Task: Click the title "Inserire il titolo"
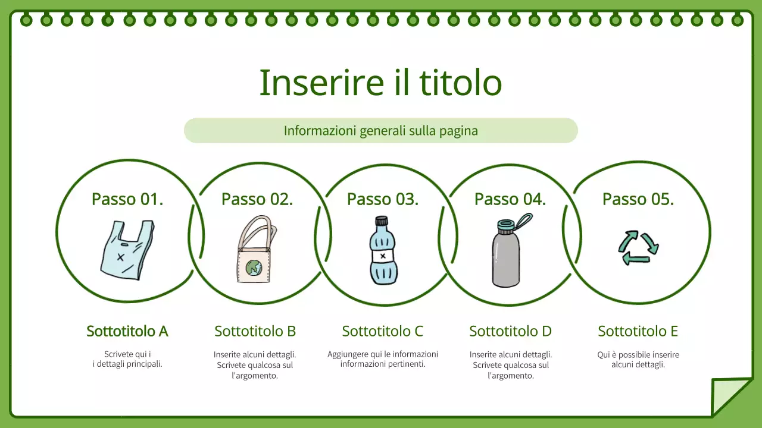380,83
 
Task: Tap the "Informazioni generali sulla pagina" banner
380,131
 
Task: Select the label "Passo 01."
127,199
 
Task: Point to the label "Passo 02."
257,199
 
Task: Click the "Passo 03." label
383,199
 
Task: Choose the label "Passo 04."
510,199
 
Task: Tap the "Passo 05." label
638,199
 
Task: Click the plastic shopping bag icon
126,250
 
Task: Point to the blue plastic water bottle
383,253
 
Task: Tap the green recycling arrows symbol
638,247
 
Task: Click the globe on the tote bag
254,268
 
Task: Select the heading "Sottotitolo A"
127,331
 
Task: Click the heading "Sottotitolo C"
383,331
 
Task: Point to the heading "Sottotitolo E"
638,331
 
